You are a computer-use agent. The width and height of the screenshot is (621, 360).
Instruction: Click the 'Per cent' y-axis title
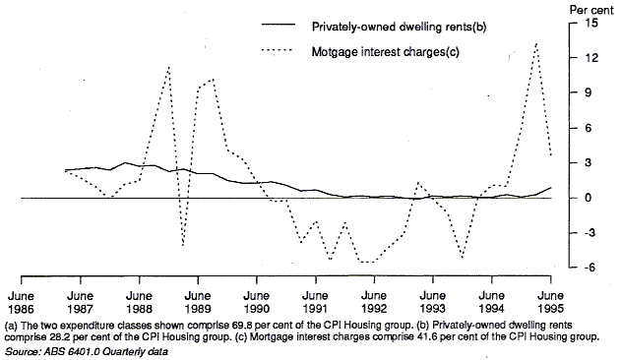click(x=590, y=9)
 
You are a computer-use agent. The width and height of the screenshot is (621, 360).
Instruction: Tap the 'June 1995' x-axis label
click(x=550, y=301)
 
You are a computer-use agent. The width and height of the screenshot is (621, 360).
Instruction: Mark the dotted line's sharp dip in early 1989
click(x=183, y=245)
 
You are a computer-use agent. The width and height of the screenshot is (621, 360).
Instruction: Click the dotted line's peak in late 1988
click(x=168, y=67)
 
